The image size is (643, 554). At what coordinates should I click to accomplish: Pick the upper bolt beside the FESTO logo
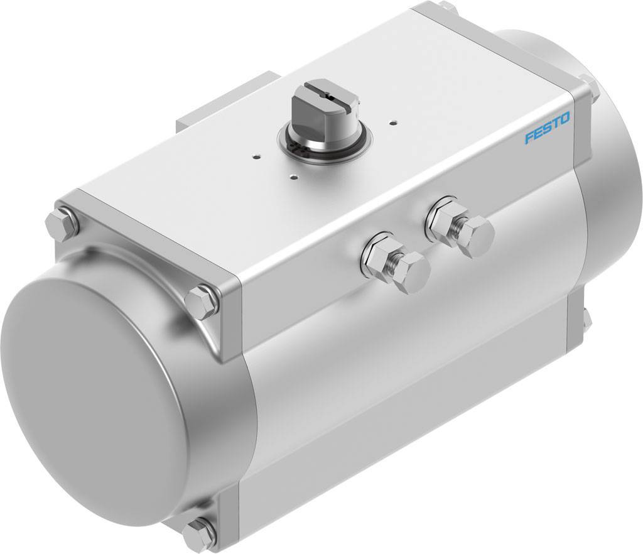590,88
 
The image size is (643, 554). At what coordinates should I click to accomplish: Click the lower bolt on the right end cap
586,320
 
